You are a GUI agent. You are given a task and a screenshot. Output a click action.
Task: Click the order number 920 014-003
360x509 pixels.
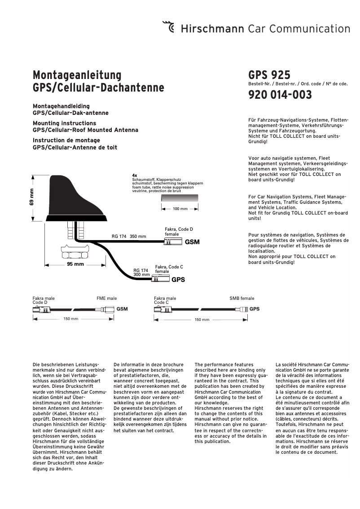tap(280, 95)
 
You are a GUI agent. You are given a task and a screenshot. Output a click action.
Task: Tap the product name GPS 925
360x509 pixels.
tap(269, 75)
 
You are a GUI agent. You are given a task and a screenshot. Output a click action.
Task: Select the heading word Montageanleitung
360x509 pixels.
tap(77, 75)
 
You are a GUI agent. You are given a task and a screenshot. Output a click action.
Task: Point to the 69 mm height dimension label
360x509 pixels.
tap(32, 197)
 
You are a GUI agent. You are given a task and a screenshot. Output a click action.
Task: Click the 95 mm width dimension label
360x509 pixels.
tap(75, 264)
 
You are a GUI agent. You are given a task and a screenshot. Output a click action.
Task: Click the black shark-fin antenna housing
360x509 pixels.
tap(74, 197)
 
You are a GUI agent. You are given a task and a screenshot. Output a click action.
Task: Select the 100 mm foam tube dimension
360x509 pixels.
tap(180, 209)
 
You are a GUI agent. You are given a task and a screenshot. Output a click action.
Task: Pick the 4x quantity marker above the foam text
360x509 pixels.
tap(135, 175)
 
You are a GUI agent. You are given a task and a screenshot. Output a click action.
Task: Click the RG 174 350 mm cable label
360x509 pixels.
tap(129, 236)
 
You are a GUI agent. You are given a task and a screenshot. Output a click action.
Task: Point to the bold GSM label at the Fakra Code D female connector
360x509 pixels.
tap(192, 242)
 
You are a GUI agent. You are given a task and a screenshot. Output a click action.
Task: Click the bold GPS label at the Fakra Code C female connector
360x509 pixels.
tap(178, 279)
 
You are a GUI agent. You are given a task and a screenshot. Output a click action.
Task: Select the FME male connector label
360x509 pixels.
tap(106, 298)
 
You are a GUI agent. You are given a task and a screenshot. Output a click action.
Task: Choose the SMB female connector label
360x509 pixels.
tap(241, 298)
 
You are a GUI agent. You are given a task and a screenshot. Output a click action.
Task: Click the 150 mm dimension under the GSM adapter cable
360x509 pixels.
tap(71, 319)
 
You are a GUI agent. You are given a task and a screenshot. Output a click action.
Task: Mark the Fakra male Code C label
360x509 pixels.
tap(165, 300)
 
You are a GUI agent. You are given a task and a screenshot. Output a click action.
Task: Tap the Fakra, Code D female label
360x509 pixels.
tap(179, 232)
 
